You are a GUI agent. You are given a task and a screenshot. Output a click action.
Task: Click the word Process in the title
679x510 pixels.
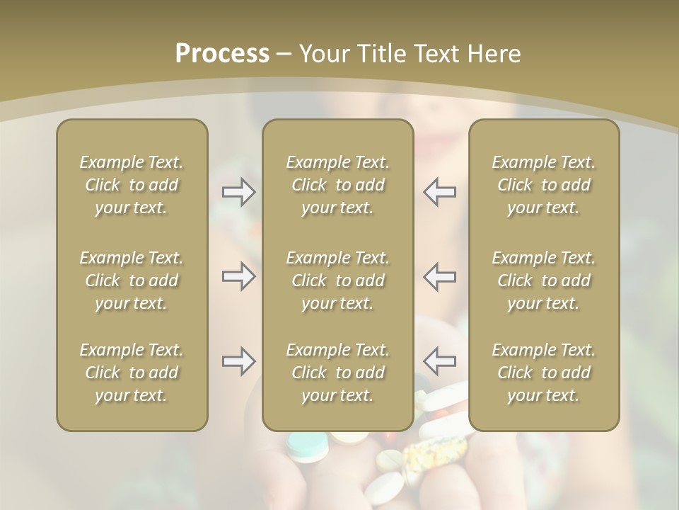pos(222,53)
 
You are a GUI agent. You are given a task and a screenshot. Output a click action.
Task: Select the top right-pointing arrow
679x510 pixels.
pos(238,192)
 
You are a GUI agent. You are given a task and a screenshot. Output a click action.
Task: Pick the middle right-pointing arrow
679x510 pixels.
pos(238,276)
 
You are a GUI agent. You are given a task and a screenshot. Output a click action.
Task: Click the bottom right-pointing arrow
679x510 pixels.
pos(238,361)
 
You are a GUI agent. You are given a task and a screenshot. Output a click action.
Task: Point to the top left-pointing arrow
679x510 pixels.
pos(440,192)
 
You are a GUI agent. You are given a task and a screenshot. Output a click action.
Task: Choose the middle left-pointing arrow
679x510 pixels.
pos(440,276)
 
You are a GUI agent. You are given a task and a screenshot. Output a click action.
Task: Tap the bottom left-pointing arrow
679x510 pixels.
pos(440,361)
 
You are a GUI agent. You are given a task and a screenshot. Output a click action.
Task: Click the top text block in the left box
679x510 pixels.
pos(132,185)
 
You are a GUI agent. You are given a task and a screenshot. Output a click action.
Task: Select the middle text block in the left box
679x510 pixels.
pos(132,280)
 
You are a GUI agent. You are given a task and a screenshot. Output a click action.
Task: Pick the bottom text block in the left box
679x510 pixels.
pos(132,373)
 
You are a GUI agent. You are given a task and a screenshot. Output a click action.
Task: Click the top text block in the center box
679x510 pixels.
pos(338,185)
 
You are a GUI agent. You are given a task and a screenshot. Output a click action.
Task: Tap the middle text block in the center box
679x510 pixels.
pos(338,280)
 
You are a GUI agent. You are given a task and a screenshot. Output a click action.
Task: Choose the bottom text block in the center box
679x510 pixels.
pos(338,373)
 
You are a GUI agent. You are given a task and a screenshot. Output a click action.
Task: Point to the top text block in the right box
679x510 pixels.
pos(544,185)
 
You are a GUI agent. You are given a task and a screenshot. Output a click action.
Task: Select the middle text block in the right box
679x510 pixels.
pos(544,280)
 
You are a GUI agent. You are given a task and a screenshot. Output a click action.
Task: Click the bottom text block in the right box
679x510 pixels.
pos(544,373)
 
